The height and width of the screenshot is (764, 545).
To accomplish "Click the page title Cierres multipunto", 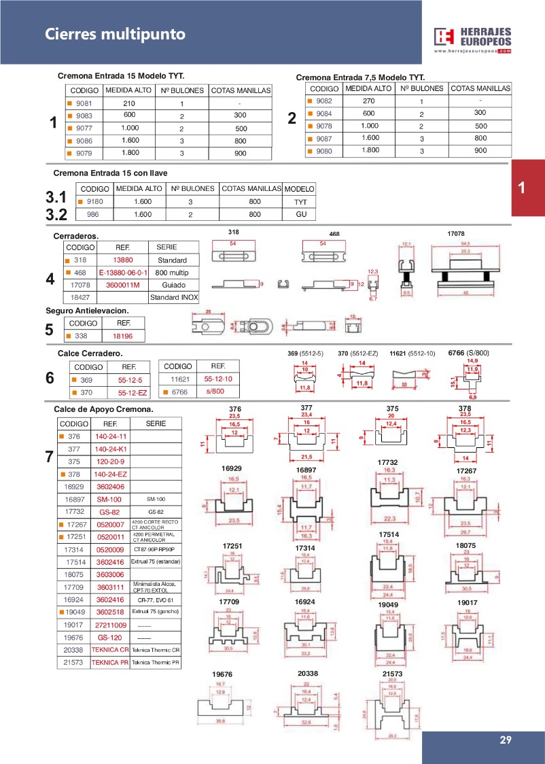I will [x=115, y=34].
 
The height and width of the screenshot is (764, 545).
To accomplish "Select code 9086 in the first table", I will [x=84, y=141].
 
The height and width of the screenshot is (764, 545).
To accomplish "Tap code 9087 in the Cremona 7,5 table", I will [x=324, y=138].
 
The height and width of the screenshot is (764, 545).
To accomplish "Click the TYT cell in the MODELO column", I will [x=300, y=202].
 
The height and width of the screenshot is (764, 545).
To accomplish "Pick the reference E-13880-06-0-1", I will [x=122, y=273].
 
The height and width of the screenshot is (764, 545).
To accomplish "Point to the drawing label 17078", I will [x=455, y=233].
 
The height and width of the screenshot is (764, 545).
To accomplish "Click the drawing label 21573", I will [x=392, y=674].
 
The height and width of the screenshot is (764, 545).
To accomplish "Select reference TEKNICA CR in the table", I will [x=109, y=649].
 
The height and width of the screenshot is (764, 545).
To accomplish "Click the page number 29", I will [x=505, y=740].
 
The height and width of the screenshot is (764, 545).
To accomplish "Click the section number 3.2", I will [x=55, y=215].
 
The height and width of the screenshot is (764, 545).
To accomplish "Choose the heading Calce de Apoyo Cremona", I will [x=103, y=410].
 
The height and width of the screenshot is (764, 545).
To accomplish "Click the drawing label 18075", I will [x=465, y=544].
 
